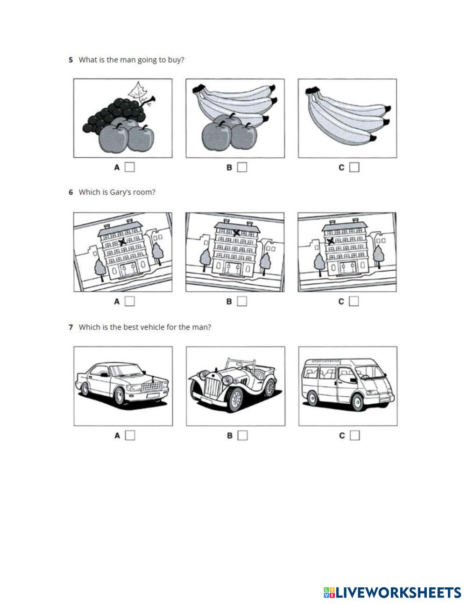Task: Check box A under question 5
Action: [130, 167]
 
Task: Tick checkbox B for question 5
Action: [242, 167]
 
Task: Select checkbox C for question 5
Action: [354, 167]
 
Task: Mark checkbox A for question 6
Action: [130, 302]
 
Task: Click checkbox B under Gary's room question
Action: [242, 302]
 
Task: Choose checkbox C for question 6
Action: [354, 302]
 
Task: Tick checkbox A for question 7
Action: [130, 435]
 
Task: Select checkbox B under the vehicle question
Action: [242, 435]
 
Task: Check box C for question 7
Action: [355, 435]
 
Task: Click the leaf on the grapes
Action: [138, 91]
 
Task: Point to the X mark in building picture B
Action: [237, 232]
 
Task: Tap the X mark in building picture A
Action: [122, 241]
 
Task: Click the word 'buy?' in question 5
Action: [176, 60]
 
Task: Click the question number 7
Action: [71, 327]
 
